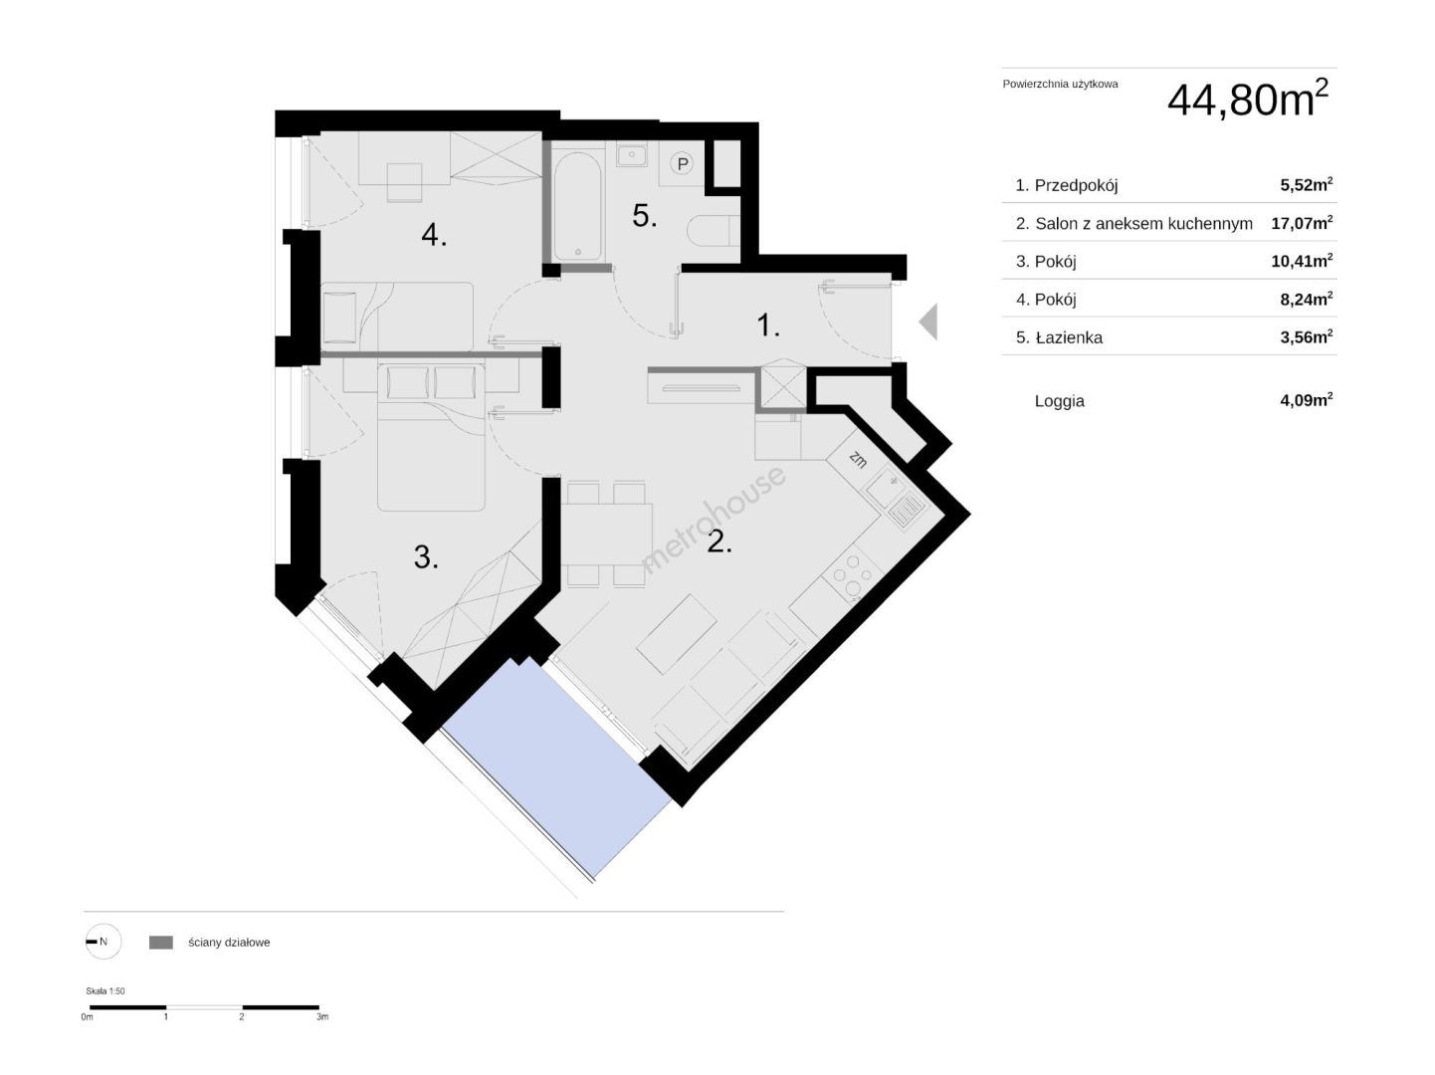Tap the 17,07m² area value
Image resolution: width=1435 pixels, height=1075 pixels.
click(x=1302, y=222)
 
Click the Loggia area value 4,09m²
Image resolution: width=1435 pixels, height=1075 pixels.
click(x=1307, y=399)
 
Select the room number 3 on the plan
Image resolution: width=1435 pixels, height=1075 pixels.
click(x=426, y=557)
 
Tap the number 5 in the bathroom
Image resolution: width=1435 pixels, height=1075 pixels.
click(x=644, y=216)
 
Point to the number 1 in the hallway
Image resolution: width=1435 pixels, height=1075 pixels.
click(x=768, y=324)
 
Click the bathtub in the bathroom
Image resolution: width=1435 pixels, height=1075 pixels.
click(x=577, y=206)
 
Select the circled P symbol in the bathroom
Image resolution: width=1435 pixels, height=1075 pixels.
click(x=684, y=163)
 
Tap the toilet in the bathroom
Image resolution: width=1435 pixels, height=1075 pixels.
click(x=714, y=230)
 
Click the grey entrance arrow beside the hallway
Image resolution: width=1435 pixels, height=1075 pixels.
click(x=929, y=322)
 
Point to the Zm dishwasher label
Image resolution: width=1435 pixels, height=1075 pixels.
click(x=858, y=459)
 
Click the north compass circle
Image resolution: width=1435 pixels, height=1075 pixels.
click(x=103, y=942)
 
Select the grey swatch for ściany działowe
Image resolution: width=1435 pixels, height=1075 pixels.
click(x=161, y=943)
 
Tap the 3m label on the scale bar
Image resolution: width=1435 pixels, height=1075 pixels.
click(x=321, y=1017)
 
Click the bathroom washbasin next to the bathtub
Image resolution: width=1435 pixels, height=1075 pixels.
click(x=631, y=156)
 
